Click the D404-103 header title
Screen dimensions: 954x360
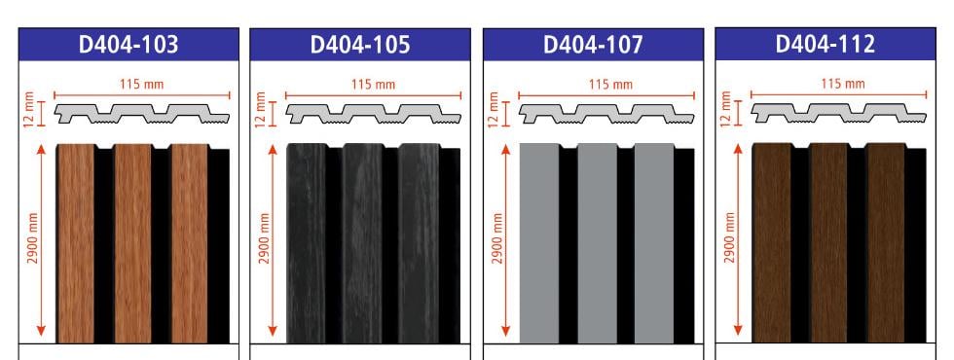click(x=128, y=45)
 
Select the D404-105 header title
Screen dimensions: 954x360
click(x=360, y=45)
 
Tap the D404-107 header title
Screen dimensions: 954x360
click(x=593, y=45)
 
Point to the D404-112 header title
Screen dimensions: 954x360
click(x=826, y=44)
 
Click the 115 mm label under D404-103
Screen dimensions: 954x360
click(x=142, y=85)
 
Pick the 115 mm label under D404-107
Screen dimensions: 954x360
click(x=607, y=85)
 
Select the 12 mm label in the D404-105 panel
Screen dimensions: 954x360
click(x=261, y=109)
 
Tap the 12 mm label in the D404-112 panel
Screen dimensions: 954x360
click(x=724, y=109)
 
